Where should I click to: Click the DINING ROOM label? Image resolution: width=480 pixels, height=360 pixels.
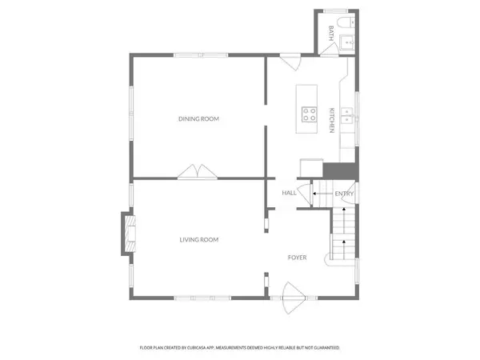click(x=198, y=119)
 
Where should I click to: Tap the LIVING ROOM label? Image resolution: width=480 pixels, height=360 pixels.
click(x=198, y=239)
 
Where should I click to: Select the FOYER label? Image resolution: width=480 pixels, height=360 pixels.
click(x=298, y=257)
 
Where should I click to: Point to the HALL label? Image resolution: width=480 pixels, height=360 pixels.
click(x=289, y=193)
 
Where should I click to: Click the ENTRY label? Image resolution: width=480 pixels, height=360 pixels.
click(x=344, y=193)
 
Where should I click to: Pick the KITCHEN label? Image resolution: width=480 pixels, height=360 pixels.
click(x=331, y=119)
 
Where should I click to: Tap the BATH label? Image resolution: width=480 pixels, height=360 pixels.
click(x=331, y=34)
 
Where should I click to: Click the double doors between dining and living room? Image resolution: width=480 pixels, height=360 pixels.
click(x=196, y=172)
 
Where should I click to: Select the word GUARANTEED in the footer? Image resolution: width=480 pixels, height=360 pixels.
click(x=324, y=348)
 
